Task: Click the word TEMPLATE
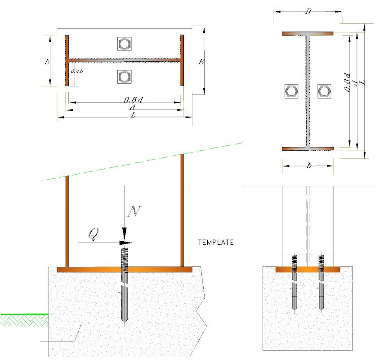click(x=216, y=242)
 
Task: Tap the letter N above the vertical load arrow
click(x=134, y=211)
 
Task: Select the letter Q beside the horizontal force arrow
click(x=94, y=234)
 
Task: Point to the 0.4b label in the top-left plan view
click(x=77, y=71)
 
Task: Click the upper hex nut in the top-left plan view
click(x=125, y=44)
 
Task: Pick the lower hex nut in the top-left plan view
click(x=125, y=77)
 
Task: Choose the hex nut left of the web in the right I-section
click(x=291, y=91)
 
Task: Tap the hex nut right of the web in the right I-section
click(x=324, y=91)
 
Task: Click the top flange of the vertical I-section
click(x=308, y=33)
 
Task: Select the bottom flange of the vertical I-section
click(x=308, y=148)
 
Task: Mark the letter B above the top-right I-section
click(x=308, y=11)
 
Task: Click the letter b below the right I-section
click(x=309, y=166)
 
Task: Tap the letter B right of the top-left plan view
click(x=201, y=61)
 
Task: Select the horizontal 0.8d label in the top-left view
click(x=134, y=100)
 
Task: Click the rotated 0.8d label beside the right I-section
click(x=348, y=82)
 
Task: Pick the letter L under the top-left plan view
click(x=134, y=115)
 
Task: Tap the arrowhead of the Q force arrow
click(x=126, y=243)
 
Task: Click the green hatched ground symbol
click(x=24, y=320)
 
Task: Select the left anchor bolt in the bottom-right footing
click(x=294, y=282)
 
